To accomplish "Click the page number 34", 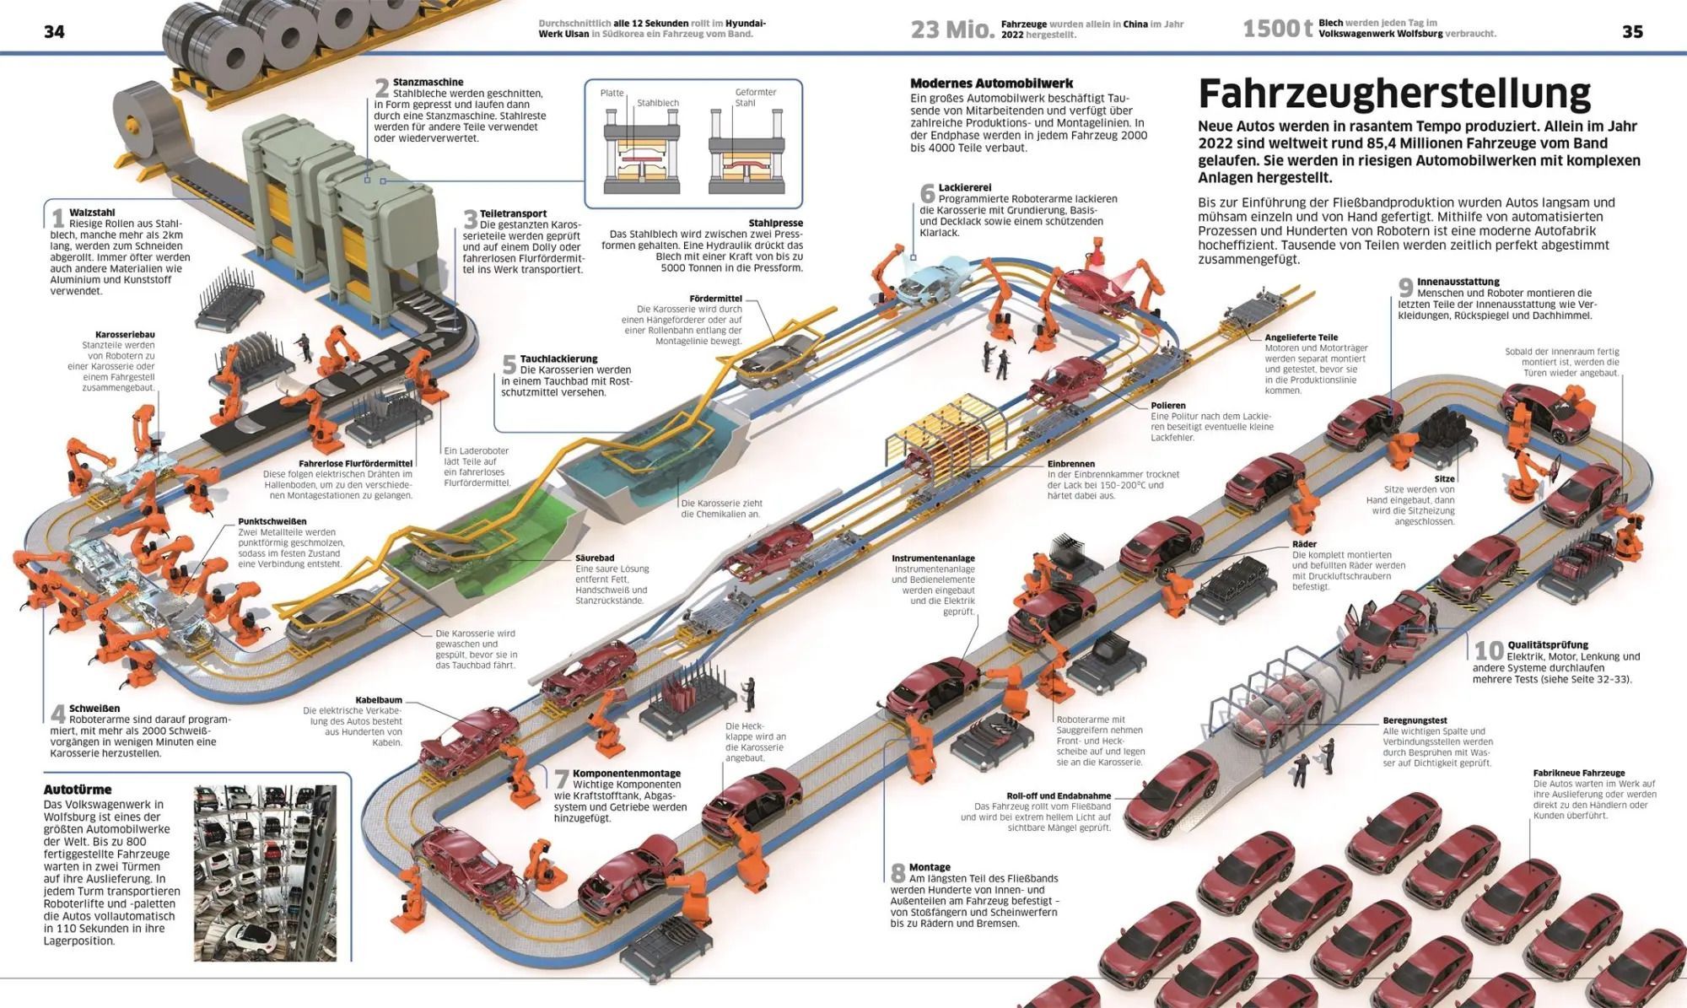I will tap(54, 32).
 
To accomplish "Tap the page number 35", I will tap(1632, 32).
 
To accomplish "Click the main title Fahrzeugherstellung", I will tap(1393, 94).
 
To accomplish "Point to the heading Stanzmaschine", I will tap(428, 83).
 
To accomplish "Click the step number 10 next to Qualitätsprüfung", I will tap(1488, 650).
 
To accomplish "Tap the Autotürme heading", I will tap(78, 790).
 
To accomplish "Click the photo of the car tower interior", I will tap(265, 873).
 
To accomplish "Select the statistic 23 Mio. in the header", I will tap(952, 30).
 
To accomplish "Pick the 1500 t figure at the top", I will tap(1277, 30).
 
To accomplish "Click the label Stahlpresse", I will tap(775, 224).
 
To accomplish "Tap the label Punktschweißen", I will tap(272, 521).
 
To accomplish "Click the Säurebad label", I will tap(595, 558).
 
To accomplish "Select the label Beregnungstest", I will tap(1415, 720).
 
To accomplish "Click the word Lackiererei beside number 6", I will tap(965, 188).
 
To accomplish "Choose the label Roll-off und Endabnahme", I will tap(1058, 795).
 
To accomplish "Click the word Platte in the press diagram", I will tap(612, 93).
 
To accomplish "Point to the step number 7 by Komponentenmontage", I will tap(561, 779).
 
